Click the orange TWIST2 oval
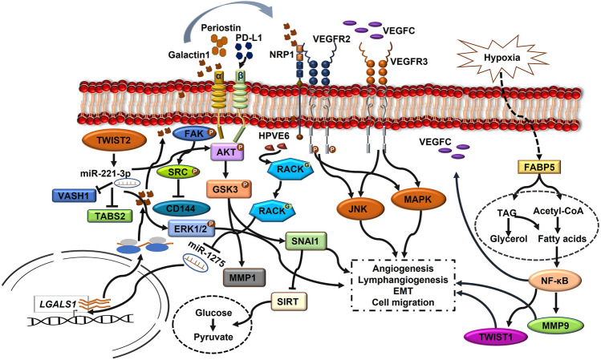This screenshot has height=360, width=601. click(x=114, y=140)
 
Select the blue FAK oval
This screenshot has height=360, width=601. click(x=194, y=134)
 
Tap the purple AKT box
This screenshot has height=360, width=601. click(x=228, y=152)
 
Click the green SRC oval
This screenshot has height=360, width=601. click(x=178, y=172)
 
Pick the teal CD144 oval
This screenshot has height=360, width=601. click(x=181, y=208)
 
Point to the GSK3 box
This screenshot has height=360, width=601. click(x=229, y=189)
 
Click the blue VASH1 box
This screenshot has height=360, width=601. click(x=74, y=196)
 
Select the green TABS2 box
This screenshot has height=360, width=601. click(x=110, y=216)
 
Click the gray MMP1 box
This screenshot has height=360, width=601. click(x=244, y=277)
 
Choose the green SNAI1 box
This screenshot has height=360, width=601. click(x=307, y=241)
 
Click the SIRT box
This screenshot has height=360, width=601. click(x=289, y=301)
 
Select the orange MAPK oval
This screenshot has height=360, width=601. click(x=418, y=199)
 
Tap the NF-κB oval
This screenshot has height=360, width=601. click(x=554, y=281)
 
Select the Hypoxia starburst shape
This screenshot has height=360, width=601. click(x=502, y=58)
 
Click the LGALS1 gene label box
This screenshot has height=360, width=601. click(x=61, y=305)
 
